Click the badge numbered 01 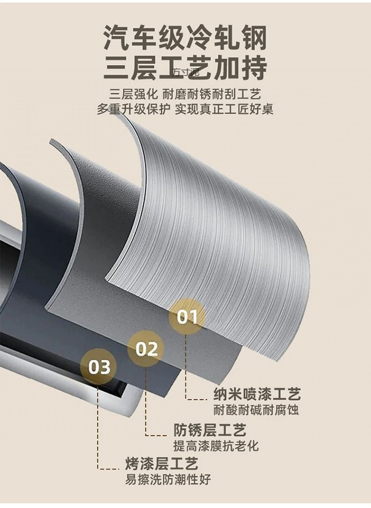click(187, 316)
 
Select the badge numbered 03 click(99, 367)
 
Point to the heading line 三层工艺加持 click(185, 68)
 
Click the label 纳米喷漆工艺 click(257, 395)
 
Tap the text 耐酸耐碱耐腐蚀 click(256, 410)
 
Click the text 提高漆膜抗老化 click(216, 445)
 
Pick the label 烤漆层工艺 click(161, 464)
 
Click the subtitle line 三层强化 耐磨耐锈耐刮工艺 click(185, 94)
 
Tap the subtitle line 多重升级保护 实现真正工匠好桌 click(185, 109)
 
